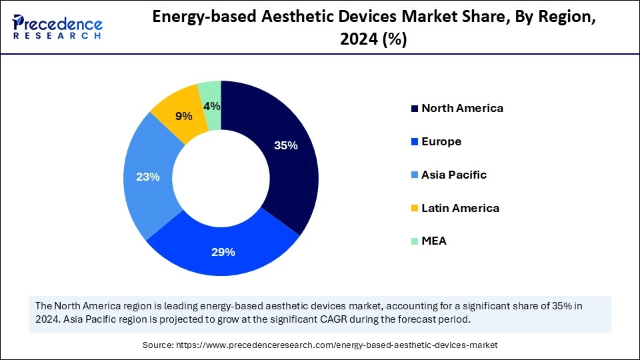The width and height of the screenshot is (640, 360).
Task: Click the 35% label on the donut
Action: coord(285,145)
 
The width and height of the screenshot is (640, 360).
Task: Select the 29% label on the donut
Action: coord(223,252)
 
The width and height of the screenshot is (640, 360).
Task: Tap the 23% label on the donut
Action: coord(148,177)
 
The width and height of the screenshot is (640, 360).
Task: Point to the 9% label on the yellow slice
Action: coord(183,116)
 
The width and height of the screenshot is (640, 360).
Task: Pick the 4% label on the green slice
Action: coord(212,106)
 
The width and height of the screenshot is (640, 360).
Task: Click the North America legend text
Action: coord(462,108)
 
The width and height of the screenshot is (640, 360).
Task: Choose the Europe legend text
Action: coord(441,141)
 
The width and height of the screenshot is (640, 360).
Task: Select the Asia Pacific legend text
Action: coord(454,175)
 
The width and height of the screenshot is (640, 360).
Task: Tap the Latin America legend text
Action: coord(460,208)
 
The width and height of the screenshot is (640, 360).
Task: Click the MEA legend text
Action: coord(434,241)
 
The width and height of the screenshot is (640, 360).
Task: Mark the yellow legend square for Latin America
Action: coord(415,209)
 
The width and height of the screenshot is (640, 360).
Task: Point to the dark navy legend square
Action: coord(415,109)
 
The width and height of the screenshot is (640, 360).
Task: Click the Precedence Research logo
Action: coord(57,27)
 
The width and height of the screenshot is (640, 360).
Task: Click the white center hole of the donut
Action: coord(221,178)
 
